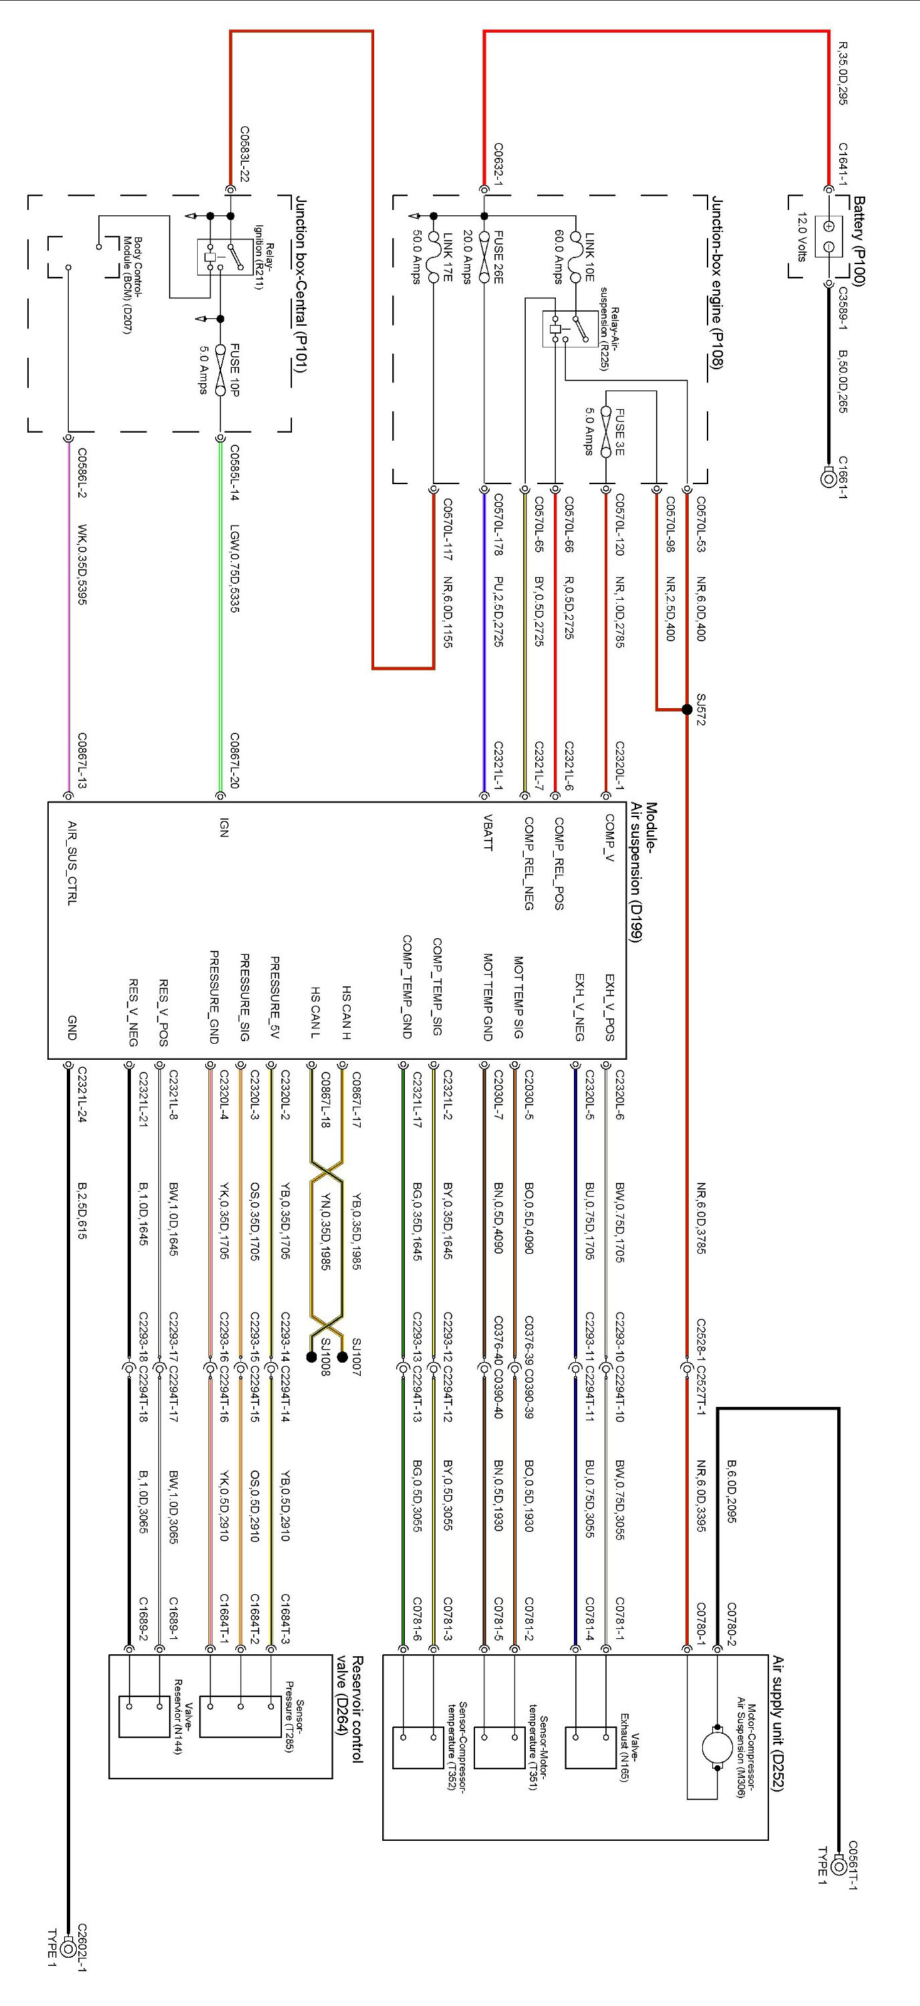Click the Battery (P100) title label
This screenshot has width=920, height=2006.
(x=859, y=241)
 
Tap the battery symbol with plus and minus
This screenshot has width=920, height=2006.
(x=829, y=236)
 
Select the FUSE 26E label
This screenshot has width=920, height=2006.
(x=497, y=257)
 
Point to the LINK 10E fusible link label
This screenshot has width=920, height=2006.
(x=589, y=256)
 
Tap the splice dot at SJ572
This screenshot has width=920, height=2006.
(x=687, y=709)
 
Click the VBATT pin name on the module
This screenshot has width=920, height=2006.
(x=487, y=832)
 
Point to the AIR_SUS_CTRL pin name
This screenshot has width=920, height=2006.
(x=71, y=863)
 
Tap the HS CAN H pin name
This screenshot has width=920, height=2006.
(x=346, y=1012)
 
